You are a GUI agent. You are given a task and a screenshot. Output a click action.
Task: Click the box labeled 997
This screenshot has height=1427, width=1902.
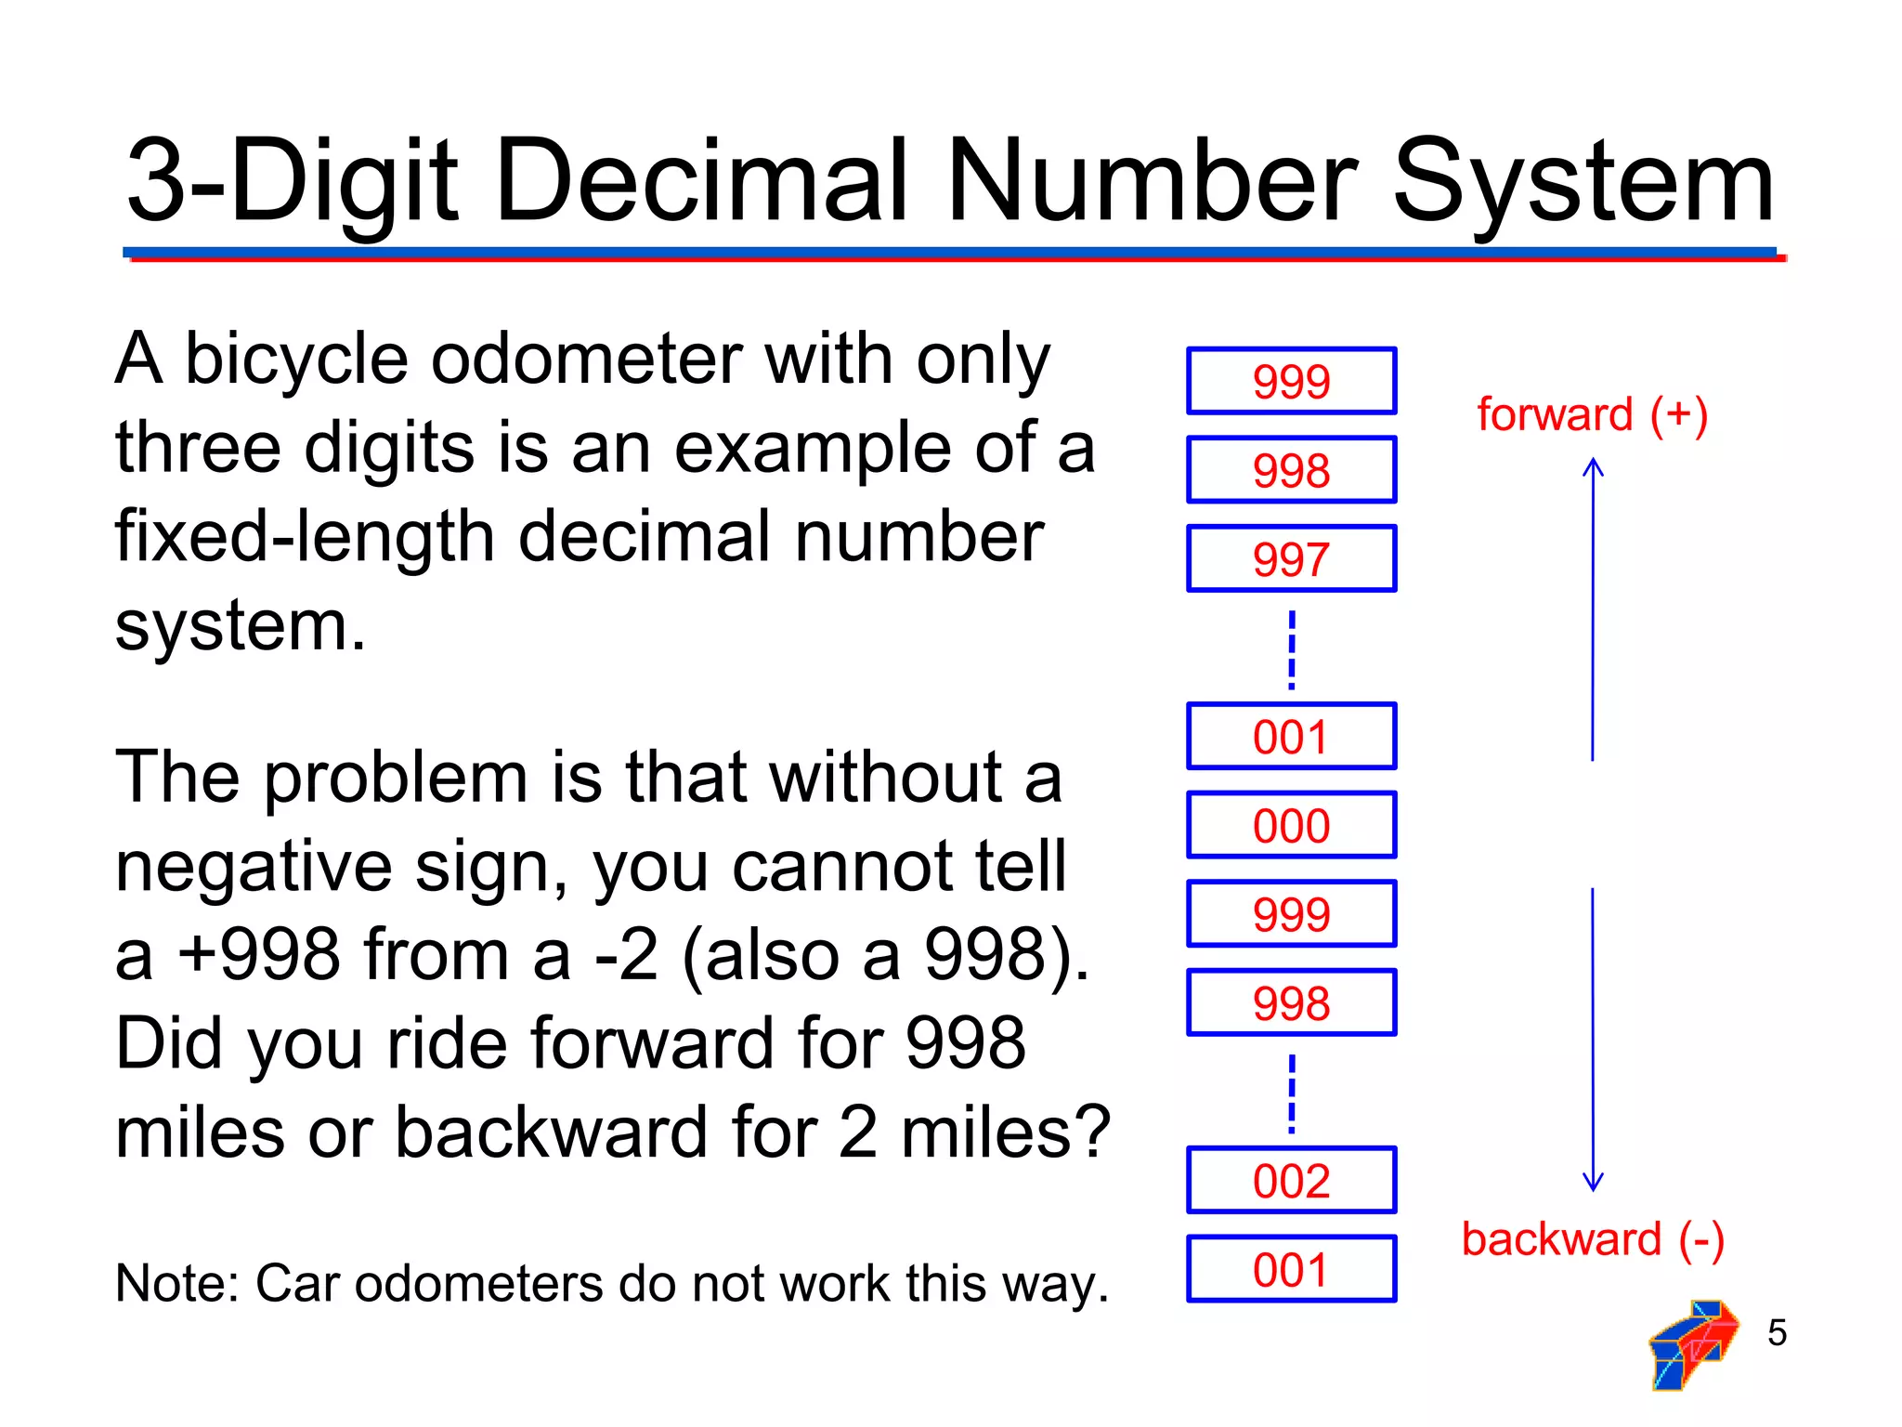pyautogui.click(x=1291, y=558)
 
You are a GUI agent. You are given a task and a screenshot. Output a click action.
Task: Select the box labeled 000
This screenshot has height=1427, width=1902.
pyautogui.click(x=1291, y=825)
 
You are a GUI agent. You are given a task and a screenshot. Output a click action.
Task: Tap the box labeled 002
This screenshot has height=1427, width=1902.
pyautogui.click(x=1291, y=1181)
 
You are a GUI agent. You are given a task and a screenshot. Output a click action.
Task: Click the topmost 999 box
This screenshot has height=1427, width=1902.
pyautogui.click(x=1291, y=381)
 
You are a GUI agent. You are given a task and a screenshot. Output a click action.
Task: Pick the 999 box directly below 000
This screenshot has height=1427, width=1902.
pyautogui.click(x=1291, y=914)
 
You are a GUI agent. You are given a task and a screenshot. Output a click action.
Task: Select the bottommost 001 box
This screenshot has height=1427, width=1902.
pyautogui.click(x=1291, y=1269)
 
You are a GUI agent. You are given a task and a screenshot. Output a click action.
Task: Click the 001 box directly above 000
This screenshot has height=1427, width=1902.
pyautogui.click(x=1291, y=737)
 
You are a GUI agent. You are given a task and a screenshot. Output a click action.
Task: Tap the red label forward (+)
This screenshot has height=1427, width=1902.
pyautogui.click(x=1592, y=414)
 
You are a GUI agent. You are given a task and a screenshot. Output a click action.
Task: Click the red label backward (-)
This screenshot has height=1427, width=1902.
pyautogui.click(x=1592, y=1239)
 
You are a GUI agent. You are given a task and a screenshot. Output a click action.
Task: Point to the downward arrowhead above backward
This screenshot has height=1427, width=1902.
pyautogui.click(x=1593, y=1184)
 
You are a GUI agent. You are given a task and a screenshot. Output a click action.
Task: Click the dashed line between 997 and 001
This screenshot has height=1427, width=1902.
pyautogui.click(x=1292, y=649)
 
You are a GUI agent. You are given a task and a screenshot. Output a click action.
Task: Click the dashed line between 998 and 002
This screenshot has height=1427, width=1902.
pyautogui.click(x=1292, y=1093)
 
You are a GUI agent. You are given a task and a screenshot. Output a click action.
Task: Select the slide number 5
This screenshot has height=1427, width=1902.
pyautogui.click(x=1777, y=1332)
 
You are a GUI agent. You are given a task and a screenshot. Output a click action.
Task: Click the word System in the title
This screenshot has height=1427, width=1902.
pyautogui.click(x=1583, y=181)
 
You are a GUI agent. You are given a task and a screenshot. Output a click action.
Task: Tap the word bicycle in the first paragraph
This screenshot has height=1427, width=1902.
pyautogui.click(x=296, y=360)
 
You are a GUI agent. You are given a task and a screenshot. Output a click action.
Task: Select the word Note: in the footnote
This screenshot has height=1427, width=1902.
pyautogui.click(x=177, y=1284)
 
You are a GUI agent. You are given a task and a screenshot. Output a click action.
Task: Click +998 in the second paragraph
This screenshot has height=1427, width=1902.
pyautogui.click(x=259, y=955)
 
